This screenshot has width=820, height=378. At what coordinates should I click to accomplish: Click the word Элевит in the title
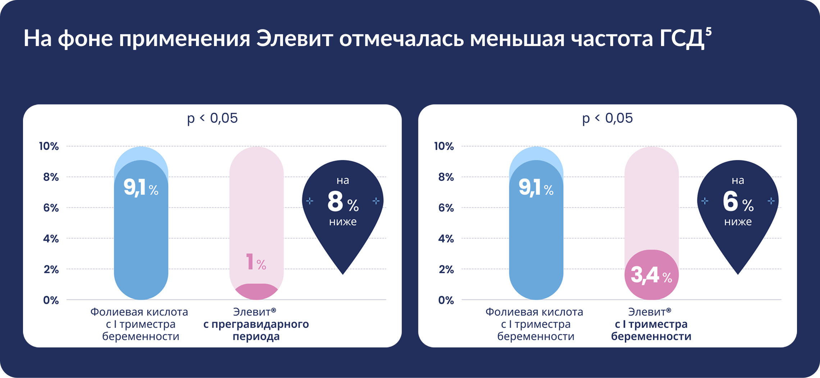pyautogui.click(x=295, y=38)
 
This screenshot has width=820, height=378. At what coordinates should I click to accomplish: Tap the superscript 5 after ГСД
pyautogui.click(x=708, y=32)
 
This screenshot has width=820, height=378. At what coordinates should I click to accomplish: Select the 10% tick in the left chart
pyautogui.click(x=49, y=146)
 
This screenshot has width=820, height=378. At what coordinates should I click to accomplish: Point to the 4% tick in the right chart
pyautogui.click(x=446, y=238)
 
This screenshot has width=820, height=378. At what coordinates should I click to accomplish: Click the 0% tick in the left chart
pyautogui.click(x=51, y=300)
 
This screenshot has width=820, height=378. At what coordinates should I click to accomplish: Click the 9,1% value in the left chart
pyautogui.click(x=141, y=188)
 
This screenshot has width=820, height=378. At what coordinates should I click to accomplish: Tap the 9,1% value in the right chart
pyautogui.click(x=536, y=188)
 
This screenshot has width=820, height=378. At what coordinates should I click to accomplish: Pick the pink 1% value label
pyautogui.click(x=256, y=262)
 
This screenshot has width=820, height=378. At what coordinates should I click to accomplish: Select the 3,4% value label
pyautogui.click(x=651, y=275)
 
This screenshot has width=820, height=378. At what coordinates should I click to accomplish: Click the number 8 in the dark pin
pyautogui.click(x=335, y=202)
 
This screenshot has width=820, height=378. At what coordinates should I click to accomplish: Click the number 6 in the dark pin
pyautogui.click(x=730, y=202)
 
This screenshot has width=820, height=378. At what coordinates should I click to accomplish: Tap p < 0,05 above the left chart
pyautogui.click(x=213, y=118)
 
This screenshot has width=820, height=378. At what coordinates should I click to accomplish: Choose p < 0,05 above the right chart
pyautogui.click(x=607, y=118)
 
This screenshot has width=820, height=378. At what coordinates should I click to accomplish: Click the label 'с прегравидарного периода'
pyautogui.click(x=256, y=330)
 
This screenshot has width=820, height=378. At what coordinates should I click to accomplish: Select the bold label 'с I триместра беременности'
pyautogui.click(x=651, y=330)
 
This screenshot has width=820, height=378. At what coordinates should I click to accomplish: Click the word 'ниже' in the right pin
pyautogui.click(x=738, y=222)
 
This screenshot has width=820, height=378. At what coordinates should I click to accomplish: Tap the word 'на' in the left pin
pyautogui.click(x=343, y=180)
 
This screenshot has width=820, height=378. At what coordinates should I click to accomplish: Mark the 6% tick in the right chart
pyautogui.click(x=446, y=208)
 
